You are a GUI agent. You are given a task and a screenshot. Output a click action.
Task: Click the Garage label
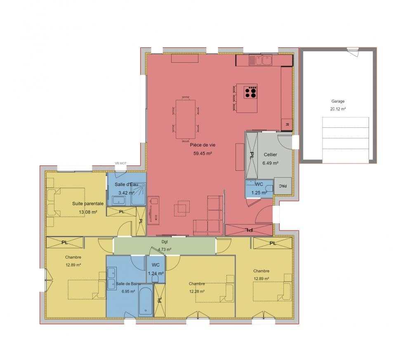point(338,101)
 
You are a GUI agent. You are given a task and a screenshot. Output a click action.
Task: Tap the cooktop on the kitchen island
point(250,92)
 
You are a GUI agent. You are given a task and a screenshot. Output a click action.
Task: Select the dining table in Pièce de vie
point(186,119)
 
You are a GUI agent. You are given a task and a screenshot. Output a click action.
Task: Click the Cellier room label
point(270,155)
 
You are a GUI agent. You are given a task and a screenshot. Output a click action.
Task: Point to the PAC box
point(283,186)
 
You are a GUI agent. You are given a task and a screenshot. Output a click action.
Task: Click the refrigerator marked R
point(287,124)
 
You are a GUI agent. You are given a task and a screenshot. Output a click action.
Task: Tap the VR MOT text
point(120,163)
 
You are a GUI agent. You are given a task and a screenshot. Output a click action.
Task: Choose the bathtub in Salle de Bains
point(146,300)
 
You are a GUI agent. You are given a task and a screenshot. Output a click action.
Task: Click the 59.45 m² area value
point(203,153)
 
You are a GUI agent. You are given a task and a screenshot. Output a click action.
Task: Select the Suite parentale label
point(88,203)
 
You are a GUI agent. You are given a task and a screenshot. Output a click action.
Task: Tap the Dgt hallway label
point(165,242)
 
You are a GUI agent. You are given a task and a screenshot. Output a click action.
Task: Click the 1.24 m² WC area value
point(156,273)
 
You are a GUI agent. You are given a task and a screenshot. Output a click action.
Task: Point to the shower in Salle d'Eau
point(139,194)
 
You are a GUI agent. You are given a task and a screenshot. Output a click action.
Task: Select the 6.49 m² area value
point(270,163)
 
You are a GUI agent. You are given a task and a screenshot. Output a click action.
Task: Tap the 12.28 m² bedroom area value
point(197,291)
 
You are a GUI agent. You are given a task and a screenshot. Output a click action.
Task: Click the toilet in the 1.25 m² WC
point(269,188)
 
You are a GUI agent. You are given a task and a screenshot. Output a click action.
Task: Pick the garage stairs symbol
point(346,140)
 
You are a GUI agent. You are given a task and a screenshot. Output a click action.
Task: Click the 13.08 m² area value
point(88,212)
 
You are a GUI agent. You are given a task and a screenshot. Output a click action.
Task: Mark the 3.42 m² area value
point(126,193)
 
